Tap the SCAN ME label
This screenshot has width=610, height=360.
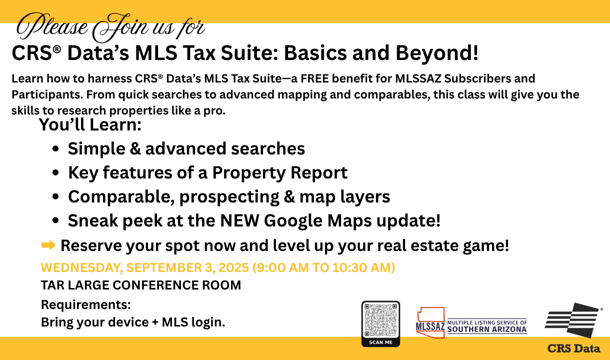[x=380, y=342]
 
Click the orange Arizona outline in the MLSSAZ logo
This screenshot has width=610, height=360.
[x=430, y=322]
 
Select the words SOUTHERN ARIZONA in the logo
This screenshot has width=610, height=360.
[x=487, y=329]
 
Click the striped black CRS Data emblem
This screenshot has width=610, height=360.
[x=572, y=320]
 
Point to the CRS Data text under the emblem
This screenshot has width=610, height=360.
[x=574, y=348]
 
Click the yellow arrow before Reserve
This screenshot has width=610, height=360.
[x=48, y=245]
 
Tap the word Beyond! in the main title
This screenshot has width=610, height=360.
[x=437, y=53]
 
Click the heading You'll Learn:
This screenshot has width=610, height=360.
[x=90, y=124]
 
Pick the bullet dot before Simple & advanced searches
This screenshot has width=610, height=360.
[x=55, y=148]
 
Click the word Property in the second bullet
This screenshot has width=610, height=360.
[x=249, y=173]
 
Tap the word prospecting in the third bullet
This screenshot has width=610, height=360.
[x=229, y=197]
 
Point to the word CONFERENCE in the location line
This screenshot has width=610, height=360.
[x=155, y=285]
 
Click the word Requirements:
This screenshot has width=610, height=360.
[x=86, y=304]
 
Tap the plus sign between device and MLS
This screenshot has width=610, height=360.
[x=155, y=322]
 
